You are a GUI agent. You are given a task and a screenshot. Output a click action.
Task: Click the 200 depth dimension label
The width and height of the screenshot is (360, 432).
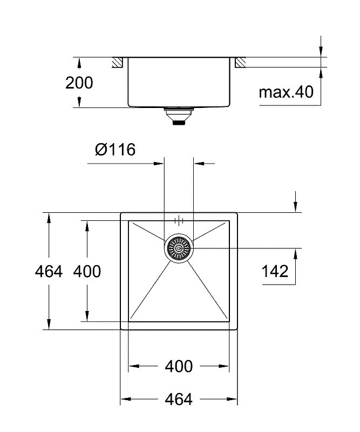pos(79,83)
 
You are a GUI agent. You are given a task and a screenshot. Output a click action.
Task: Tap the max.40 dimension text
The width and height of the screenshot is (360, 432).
pos(286,92)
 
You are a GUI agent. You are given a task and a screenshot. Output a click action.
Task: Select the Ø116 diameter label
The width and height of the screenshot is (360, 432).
pos(115,150)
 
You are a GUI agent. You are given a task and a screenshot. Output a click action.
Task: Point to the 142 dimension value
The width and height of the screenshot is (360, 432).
pos(275,271)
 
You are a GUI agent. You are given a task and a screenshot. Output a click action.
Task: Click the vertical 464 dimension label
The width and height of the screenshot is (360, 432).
pos(49,272)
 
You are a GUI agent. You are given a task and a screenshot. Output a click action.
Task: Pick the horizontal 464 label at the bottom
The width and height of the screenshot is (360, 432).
pos(179,399)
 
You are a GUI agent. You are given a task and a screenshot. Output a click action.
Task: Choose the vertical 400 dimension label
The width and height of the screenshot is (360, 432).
pos(87,272)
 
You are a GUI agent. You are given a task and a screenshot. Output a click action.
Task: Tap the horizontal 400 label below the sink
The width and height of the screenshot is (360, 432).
pos(179,366)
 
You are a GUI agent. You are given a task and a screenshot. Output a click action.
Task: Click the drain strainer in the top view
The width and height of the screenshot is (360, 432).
pos(179,248)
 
